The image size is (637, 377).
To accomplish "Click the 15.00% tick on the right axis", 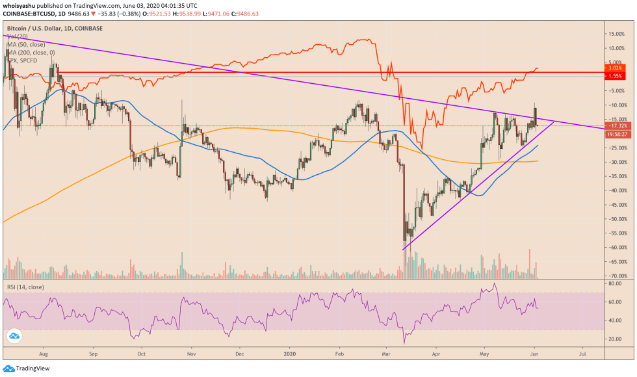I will tap(616, 33).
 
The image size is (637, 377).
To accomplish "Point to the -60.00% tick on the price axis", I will tap(616, 248).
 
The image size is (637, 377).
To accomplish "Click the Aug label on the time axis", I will tap(43, 355).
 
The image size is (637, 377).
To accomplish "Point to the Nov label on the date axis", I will tap(191, 355).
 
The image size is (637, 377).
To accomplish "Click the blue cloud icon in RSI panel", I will tap(14, 336).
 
